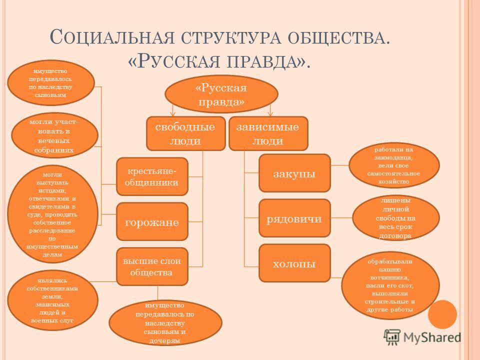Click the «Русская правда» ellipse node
[x=221, y=94]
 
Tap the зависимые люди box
[x=268, y=133]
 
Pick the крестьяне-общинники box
[x=152, y=176]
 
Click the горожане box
[x=152, y=220]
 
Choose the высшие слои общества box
[x=152, y=265]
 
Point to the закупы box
[x=294, y=173]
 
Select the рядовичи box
[x=294, y=218]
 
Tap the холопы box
[x=294, y=262]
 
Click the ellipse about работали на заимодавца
[x=394, y=165]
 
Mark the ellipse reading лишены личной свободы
[x=396, y=217]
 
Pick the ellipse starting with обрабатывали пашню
[x=390, y=285]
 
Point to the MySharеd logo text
[x=432, y=336]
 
